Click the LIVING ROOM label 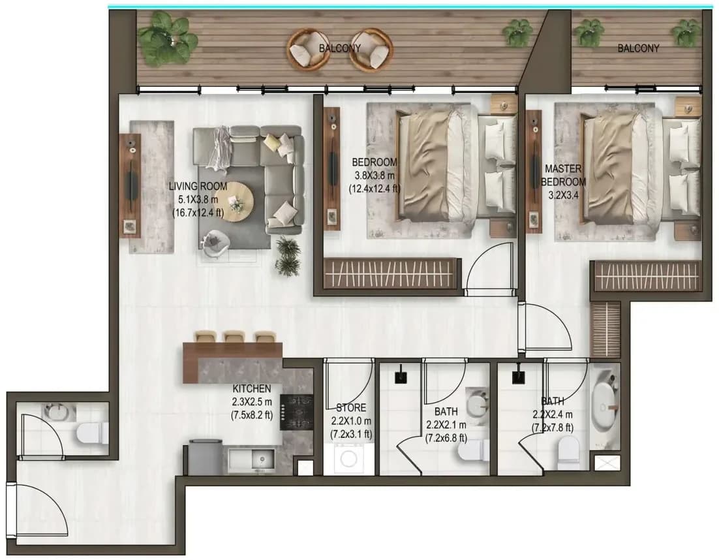[x=198, y=186]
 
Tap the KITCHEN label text [x=252, y=388]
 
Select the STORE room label [x=351, y=408]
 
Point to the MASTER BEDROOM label [x=563, y=175]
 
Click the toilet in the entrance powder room [x=92, y=433]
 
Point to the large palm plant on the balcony [x=168, y=38]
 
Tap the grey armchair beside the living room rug [x=215, y=243]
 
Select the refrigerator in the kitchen [x=206, y=458]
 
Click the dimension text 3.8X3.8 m [x=374, y=175]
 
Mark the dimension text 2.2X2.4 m [x=552, y=414]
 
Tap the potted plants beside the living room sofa [x=288, y=257]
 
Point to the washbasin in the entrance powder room [x=60, y=412]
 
